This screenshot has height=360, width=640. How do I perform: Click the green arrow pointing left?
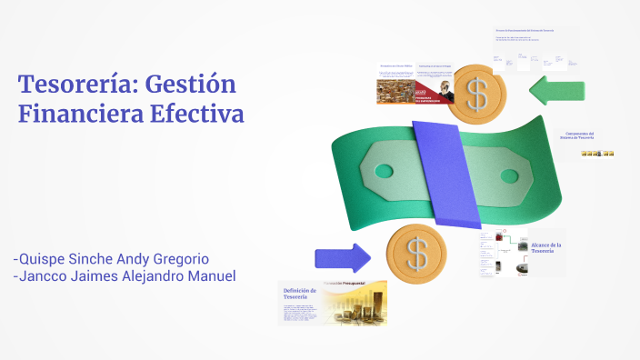555,91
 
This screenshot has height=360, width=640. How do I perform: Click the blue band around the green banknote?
446,173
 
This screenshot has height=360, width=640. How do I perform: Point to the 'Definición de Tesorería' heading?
299,294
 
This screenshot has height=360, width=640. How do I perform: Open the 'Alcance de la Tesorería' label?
545,248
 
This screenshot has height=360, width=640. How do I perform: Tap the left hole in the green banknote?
383,170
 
